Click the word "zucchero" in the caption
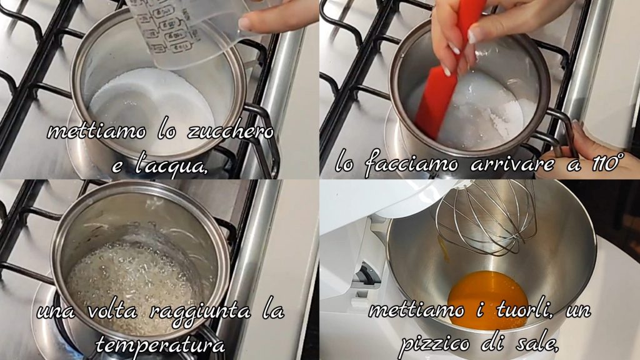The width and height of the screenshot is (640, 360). (230, 132)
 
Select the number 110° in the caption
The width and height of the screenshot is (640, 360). (607, 162)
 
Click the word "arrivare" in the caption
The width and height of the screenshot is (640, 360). (512, 164)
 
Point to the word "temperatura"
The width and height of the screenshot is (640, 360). (160, 345)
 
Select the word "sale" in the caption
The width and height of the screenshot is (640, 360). (537, 344)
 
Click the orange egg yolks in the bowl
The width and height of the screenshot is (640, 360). (487, 299)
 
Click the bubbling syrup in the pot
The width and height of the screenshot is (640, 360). (132, 277)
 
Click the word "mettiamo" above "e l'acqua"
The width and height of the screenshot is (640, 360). (96, 131)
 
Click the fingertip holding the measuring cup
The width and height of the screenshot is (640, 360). (245, 24)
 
